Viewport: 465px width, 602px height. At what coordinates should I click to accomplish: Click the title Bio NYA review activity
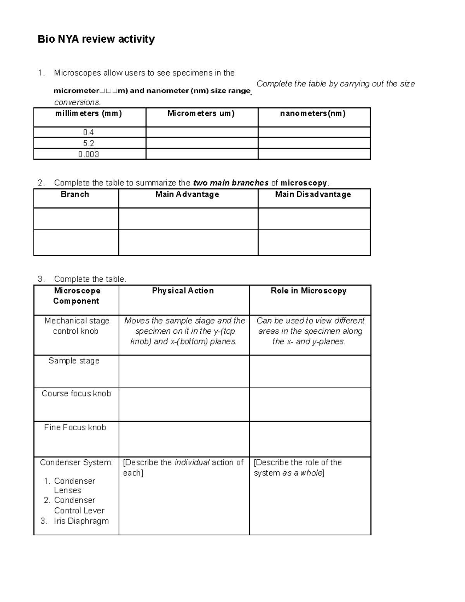tap(96, 39)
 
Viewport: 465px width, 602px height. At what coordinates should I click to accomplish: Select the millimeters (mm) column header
tap(89, 114)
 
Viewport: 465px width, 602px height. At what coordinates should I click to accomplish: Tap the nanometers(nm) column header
tap(313, 114)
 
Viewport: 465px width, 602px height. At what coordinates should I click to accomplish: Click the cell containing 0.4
tap(89, 133)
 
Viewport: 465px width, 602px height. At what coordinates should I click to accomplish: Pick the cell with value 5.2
tap(89, 143)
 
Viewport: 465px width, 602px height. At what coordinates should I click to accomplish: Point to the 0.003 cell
tap(89, 154)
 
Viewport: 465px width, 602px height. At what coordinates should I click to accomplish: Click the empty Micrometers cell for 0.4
tap(201, 133)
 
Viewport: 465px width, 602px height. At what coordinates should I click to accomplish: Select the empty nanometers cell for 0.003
tap(314, 154)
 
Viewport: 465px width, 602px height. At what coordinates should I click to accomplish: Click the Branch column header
tap(75, 195)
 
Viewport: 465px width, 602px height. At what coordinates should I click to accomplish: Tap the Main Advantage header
tap(187, 195)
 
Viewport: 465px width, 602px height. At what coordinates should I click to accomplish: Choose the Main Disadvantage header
tap(313, 195)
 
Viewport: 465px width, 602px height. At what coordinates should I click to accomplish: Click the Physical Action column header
tap(183, 291)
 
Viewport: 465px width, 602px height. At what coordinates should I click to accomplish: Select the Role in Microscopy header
tap(309, 291)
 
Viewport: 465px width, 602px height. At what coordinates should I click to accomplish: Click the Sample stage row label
tap(74, 361)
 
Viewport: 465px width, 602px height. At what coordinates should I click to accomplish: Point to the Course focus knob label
tap(76, 393)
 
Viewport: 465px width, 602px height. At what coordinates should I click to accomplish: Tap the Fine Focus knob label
tap(75, 428)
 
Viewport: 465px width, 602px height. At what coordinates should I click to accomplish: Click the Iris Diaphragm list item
tap(81, 521)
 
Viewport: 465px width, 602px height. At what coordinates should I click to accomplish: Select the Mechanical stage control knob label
tap(76, 326)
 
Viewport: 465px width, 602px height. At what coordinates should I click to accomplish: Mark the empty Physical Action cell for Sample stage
tap(184, 371)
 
